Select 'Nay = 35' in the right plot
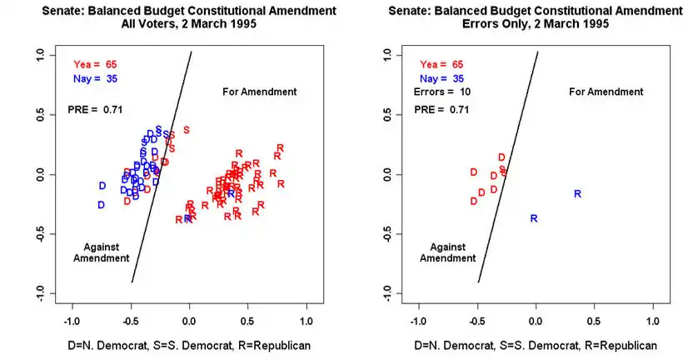(441, 77)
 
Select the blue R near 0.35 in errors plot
(577, 194)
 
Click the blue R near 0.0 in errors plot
(534, 219)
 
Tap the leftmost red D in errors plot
(473, 172)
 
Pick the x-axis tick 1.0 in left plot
(307, 320)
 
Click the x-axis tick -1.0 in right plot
(418, 320)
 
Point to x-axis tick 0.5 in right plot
(595, 320)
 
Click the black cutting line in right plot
(507, 167)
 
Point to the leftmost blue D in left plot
(102, 205)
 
